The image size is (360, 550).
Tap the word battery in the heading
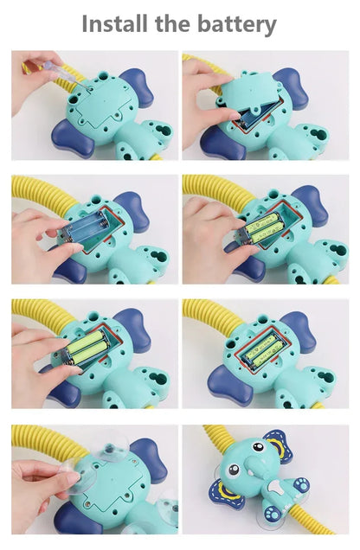point(236,23)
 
